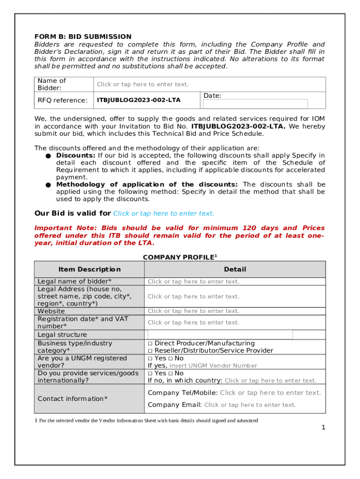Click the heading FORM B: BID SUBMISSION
click(83, 36)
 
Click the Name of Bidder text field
click(143, 84)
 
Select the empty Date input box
click(255, 104)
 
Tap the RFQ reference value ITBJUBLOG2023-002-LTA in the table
click(138, 100)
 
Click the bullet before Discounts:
click(48, 156)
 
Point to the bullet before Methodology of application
click(48, 185)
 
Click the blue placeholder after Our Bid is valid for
click(164, 213)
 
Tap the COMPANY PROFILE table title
click(180, 257)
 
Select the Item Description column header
click(89, 269)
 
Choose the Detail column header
click(235, 269)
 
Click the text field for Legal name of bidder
click(193, 282)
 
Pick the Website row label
click(51, 311)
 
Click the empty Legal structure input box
click(220, 334)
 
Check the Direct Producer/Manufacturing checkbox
click(150, 343)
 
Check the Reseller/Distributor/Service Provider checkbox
click(150, 351)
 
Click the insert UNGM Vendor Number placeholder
click(213, 366)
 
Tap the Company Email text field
click(250, 405)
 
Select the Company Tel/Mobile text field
click(270, 393)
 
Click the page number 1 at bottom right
click(323, 428)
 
